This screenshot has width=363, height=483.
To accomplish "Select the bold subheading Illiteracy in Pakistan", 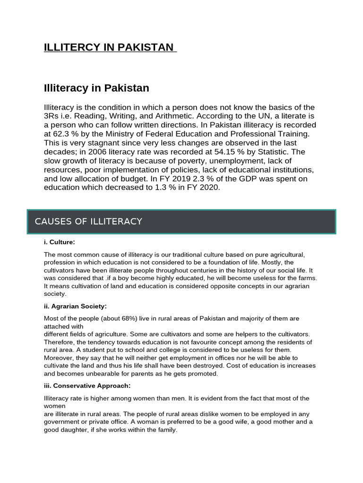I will coord(96,88).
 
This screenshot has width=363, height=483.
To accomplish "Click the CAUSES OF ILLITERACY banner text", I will coord(88,222).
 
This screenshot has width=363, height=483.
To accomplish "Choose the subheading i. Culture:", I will coord(59,242).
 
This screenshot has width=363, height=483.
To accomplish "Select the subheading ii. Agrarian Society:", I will coord(75,306).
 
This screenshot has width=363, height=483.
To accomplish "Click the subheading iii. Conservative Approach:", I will coord(87,386).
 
